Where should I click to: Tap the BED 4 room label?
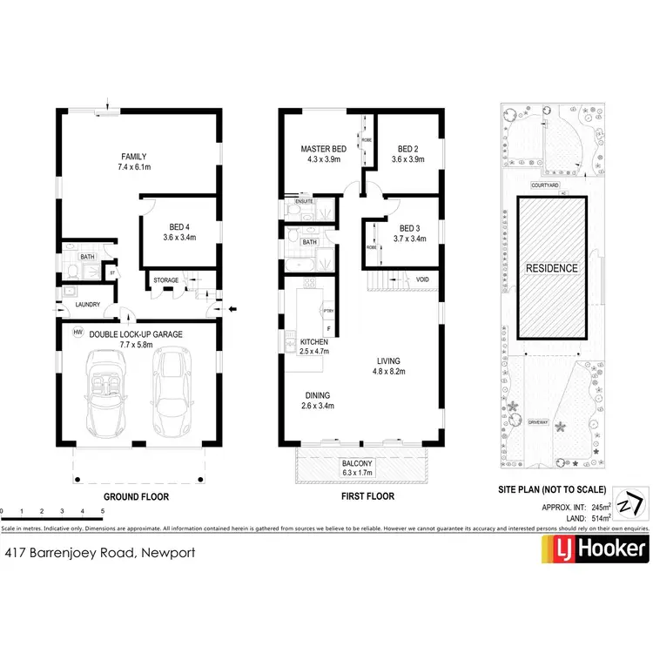182,227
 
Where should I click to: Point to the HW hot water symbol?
78,332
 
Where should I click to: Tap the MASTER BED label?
323,150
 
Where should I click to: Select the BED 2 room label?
407,149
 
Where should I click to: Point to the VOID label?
422,279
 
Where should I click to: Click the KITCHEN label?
313,343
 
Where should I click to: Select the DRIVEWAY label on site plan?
538,421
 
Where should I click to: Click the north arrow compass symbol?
629,504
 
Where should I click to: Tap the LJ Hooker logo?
596,548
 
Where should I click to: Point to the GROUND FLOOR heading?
136,497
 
